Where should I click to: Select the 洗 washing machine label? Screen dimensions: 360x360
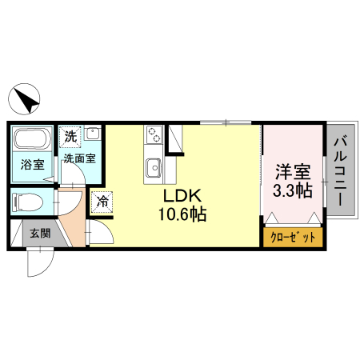point(71,136)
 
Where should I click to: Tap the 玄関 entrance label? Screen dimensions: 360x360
point(40,234)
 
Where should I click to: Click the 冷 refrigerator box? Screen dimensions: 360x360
point(102,202)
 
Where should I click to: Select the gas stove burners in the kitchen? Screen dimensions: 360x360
point(153,135)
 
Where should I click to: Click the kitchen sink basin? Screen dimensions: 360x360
point(153,167)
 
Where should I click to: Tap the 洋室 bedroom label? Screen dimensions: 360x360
point(292,170)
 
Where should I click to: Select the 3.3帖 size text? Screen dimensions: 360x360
point(292,190)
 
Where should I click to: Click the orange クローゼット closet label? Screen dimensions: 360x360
point(293,238)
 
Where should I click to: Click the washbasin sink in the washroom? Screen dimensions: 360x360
point(93,134)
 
